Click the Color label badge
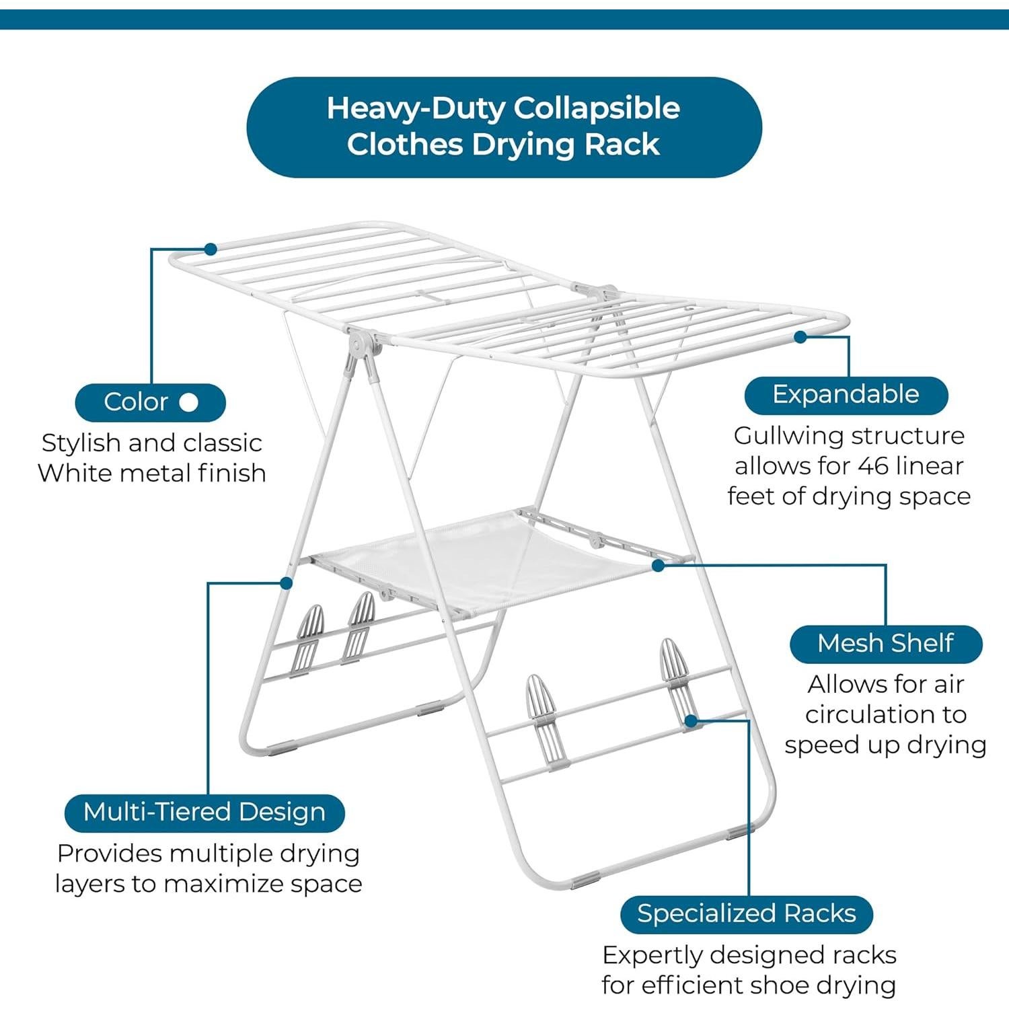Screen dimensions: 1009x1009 (150, 402)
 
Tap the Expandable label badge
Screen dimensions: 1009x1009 (846, 395)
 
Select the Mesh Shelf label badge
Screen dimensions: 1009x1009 (885, 644)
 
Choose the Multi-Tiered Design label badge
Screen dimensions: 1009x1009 (204, 813)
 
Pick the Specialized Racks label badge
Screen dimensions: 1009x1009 (746, 914)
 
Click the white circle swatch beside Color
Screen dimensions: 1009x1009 (189, 402)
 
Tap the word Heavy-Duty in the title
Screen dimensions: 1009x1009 (416, 108)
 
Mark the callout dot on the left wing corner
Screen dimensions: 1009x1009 (211, 250)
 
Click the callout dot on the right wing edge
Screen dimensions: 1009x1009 (800, 337)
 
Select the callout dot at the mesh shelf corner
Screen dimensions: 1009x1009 (659, 566)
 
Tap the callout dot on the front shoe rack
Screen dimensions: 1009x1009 (691, 721)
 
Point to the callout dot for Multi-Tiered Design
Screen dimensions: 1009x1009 (287, 583)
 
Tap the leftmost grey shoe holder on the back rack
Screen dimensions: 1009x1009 (309, 639)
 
